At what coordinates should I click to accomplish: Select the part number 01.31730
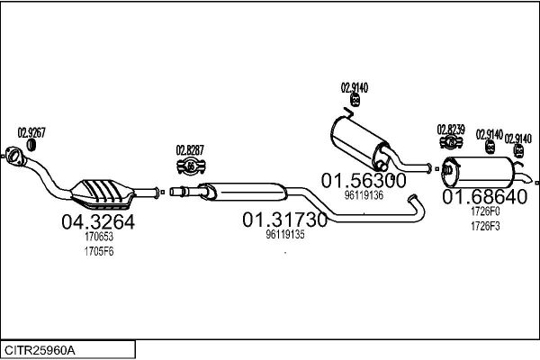(x=284, y=220)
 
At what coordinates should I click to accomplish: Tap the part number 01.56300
(x=364, y=179)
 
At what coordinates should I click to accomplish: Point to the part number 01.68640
(x=484, y=197)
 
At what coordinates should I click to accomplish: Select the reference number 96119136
(x=364, y=194)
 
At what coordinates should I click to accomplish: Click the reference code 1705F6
(x=99, y=252)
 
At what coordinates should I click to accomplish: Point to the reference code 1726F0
(x=484, y=211)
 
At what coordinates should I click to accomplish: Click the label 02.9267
(x=31, y=131)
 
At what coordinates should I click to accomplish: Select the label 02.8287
(x=190, y=150)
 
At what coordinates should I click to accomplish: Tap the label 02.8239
(x=451, y=129)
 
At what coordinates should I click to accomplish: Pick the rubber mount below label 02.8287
(x=191, y=166)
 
